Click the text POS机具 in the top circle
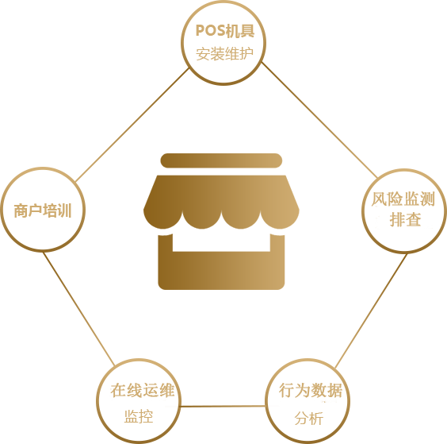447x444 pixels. (225, 31)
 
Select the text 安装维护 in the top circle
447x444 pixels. (224, 53)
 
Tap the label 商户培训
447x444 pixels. (43, 210)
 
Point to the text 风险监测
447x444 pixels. (403, 199)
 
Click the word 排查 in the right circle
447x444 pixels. (405, 219)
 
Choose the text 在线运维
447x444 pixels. (142, 390)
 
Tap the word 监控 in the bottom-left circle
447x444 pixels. (139, 416)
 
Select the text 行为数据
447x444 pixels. (311, 390)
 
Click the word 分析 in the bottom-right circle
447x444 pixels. (309, 419)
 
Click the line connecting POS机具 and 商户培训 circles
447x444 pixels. (132, 125)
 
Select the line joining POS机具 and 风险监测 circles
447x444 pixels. (319, 120)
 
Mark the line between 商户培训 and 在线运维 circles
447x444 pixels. (79, 309)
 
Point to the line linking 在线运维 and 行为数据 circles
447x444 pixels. (223, 406)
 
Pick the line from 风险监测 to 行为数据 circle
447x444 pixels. (371, 311)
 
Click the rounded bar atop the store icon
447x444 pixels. (221, 160)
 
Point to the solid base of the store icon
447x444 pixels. (221, 271)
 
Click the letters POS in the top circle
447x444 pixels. (210, 31)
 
